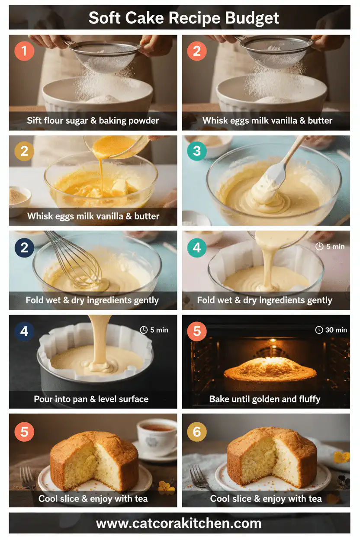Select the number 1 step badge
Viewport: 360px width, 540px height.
pyautogui.click(x=24, y=51)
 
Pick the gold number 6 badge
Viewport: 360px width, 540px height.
pyautogui.click(x=197, y=432)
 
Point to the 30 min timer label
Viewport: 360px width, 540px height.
pyautogui.click(x=331, y=330)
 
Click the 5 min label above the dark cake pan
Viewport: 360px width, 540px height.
pyautogui.click(x=154, y=330)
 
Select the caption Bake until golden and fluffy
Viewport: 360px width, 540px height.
pyautogui.click(x=265, y=399)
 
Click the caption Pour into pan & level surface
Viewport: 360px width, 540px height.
pyautogui.click(x=91, y=399)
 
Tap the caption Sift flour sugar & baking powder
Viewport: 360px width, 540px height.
pyautogui.click(x=93, y=121)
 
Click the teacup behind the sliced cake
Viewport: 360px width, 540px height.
pyautogui.click(x=156, y=435)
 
